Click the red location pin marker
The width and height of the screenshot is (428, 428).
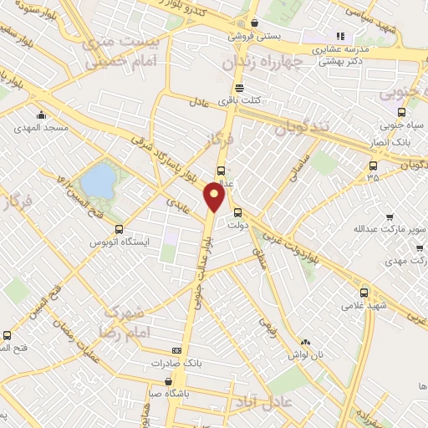[x=216, y=198]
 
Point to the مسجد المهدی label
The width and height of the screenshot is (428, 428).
[x=40, y=129]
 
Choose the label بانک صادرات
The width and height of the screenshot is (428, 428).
[x=178, y=364]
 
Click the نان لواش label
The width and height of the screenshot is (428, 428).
[x=305, y=354]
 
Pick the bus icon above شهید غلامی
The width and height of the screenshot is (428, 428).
[x=364, y=293]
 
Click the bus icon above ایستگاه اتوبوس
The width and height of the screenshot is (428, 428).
[x=119, y=229]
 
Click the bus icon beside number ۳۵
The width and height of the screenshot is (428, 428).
[x=372, y=165]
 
